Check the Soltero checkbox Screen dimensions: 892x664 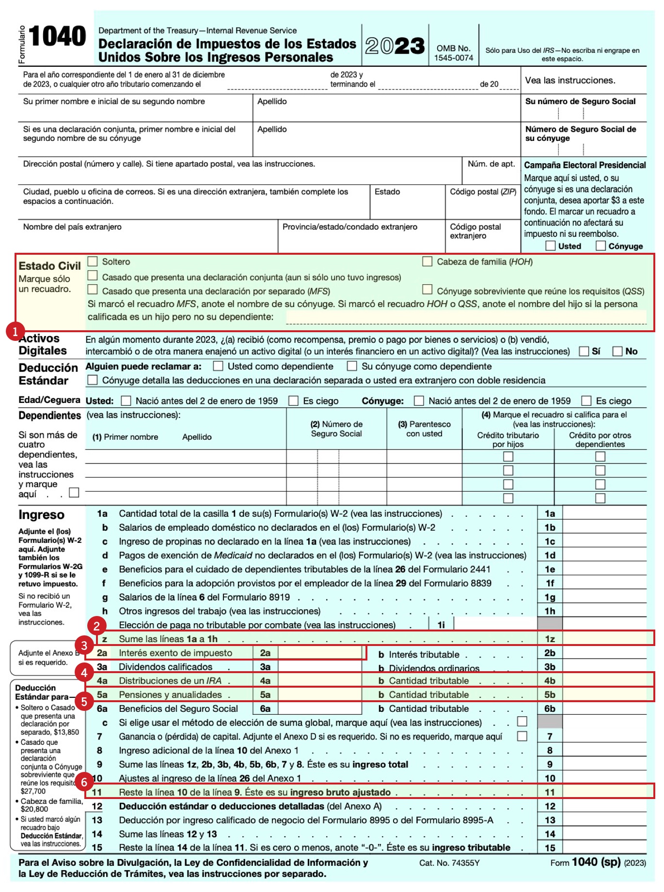coord(93,261)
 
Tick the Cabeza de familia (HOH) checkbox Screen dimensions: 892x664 coord(427,261)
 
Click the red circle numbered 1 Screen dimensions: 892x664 coord(15,331)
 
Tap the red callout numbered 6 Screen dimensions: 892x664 coord(84,782)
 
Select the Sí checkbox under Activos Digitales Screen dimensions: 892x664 coord(584,351)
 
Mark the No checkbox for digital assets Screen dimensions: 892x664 coord(617,351)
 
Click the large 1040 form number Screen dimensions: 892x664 coord(57,37)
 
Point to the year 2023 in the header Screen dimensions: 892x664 coord(395,46)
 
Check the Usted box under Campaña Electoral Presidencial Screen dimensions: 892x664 coord(551,246)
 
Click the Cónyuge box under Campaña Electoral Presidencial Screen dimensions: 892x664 coord(601,246)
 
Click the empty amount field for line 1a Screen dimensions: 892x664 coord(604,513)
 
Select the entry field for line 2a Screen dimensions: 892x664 coord(320,653)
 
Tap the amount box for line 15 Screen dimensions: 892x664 coord(604,847)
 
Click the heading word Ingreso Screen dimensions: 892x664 coord(41,515)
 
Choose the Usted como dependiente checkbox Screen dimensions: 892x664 coord(219,366)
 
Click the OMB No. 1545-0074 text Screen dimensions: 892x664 coord(453,53)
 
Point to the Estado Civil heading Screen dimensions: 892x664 coord(49,266)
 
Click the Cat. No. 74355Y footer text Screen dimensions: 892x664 coord(449,862)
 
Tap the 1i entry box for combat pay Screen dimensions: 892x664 coord(494,625)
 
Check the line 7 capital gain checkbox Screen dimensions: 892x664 coord(522,736)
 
